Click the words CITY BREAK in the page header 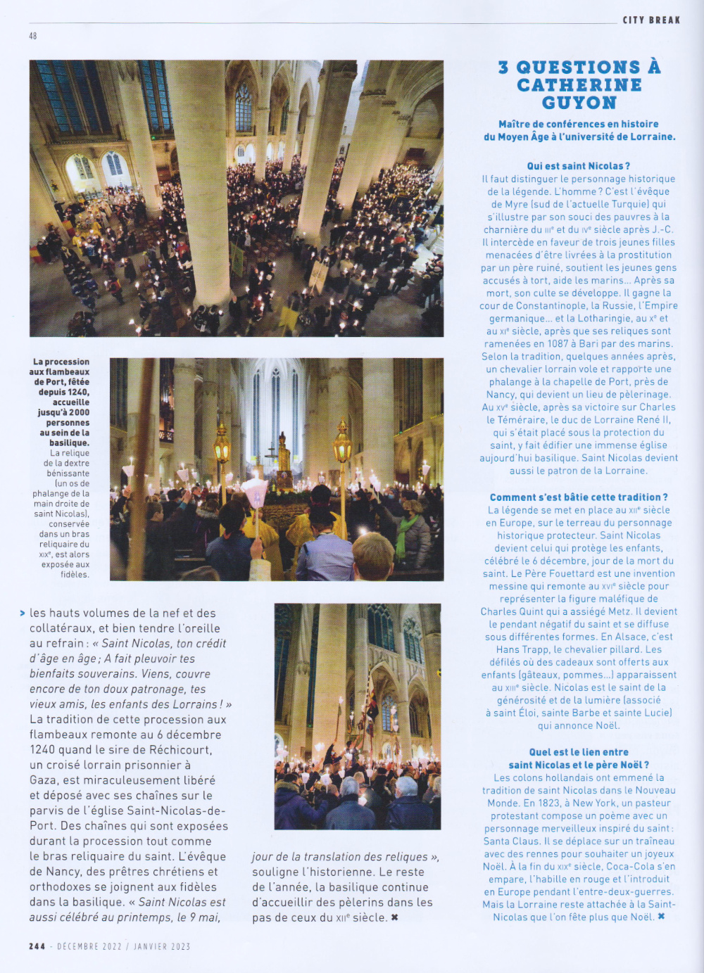pyautogui.click(x=651, y=20)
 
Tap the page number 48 pyautogui.click(x=33, y=36)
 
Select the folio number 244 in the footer pyautogui.click(x=37, y=946)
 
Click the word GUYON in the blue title pyautogui.click(x=579, y=103)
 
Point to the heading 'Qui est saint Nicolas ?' pyautogui.click(x=579, y=166)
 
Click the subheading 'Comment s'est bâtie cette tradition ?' pyautogui.click(x=579, y=497)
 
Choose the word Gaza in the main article pyautogui.click(x=43, y=780)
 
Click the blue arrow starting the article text pyautogui.click(x=23, y=613)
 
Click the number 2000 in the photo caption pyautogui.click(x=80, y=412)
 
